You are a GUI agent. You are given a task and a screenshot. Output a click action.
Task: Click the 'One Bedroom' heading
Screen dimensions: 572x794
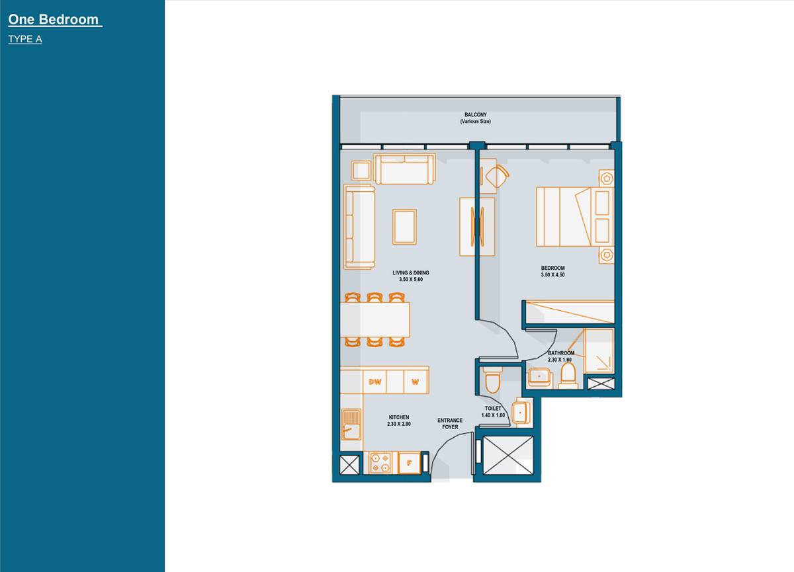[54, 20]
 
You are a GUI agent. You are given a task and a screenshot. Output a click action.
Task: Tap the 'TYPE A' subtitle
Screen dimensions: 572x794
[25, 39]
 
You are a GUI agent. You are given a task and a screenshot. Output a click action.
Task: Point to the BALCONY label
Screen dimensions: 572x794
[475, 114]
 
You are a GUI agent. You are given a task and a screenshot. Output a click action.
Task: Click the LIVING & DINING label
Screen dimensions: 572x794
[410, 272]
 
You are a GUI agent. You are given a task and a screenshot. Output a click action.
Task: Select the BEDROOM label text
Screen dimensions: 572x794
[552, 268]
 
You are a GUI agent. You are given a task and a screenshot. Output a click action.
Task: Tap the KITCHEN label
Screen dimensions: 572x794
[399, 417]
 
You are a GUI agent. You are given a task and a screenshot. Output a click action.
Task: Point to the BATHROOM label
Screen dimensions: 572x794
[561, 353]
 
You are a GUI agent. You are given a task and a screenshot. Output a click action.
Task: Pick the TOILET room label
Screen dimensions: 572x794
[493, 409]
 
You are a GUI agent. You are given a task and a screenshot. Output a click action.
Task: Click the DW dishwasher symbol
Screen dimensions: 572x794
[375, 381]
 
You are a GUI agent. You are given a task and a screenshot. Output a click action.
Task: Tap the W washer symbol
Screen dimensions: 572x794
[415, 381]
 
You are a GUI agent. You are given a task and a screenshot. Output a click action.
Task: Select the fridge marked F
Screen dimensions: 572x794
[409, 463]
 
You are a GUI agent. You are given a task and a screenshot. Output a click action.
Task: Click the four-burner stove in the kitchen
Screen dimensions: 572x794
[380, 462]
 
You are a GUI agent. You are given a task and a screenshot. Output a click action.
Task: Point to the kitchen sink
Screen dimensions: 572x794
[351, 424]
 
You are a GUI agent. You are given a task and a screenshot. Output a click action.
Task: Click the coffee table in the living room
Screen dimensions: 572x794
[404, 226]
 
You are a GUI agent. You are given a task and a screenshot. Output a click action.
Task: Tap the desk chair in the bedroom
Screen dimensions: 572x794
[496, 177]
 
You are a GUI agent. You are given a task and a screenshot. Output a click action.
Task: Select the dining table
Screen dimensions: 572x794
[375, 320]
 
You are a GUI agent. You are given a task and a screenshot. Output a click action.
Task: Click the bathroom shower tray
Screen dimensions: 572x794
[598, 349]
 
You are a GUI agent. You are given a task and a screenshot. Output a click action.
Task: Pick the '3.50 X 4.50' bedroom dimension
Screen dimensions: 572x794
[552, 274]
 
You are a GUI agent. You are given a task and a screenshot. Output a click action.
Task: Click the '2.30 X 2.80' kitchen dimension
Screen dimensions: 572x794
[399, 424]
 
